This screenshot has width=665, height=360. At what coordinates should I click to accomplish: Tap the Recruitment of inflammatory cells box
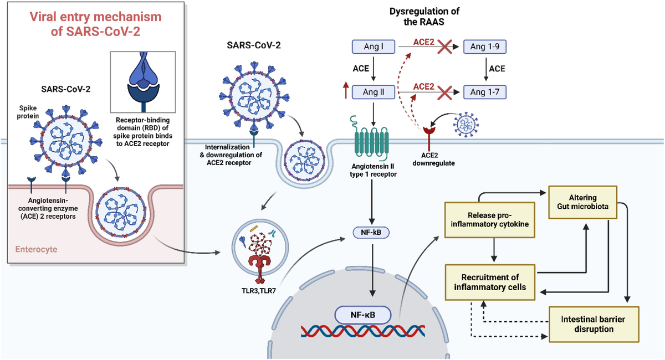pos(489,281)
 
